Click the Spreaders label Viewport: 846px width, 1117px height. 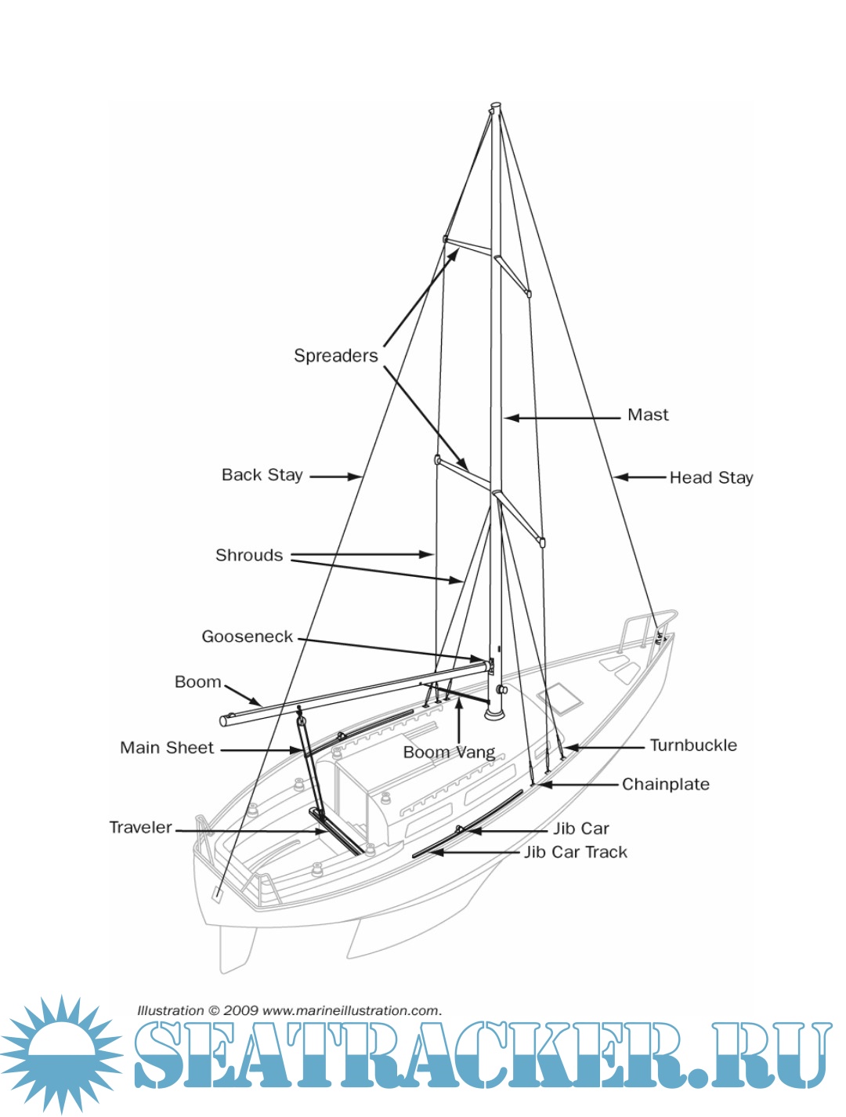click(x=335, y=356)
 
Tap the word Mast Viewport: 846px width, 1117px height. click(x=648, y=415)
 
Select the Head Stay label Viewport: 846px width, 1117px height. click(x=710, y=477)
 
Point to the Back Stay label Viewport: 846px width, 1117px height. click(x=262, y=475)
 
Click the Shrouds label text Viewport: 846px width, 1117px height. click(x=249, y=556)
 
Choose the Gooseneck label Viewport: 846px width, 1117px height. click(x=247, y=636)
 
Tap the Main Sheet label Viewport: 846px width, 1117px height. click(x=167, y=748)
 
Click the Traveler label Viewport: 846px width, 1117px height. click(x=140, y=828)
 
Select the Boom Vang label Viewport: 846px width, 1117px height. click(x=449, y=753)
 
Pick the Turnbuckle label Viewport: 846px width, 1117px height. click(x=693, y=745)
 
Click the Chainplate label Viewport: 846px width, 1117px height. click(x=665, y=785)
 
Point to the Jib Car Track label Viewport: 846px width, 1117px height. click(x=575, y=852)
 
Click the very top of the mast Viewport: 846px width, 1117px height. click(x=495, y=106)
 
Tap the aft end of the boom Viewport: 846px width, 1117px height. click(x=225, y=720)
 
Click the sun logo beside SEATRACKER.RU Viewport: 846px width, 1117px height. click(x=61, y=1054)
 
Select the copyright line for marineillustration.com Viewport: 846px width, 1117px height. click(x=289, y=1010)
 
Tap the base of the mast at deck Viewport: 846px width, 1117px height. click(x=494, y=713)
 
